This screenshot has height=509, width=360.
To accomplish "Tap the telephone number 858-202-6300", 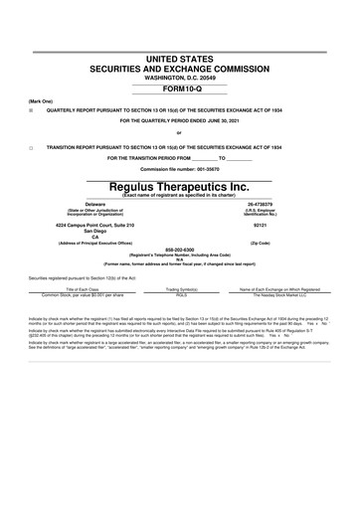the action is click(x=179, y=251).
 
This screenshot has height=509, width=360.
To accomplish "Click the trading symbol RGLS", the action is click(x=181, y=295).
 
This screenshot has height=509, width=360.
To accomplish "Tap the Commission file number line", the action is click(x=179, y=168).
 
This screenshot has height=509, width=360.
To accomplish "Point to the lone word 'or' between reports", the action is click(x=179, y=132).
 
